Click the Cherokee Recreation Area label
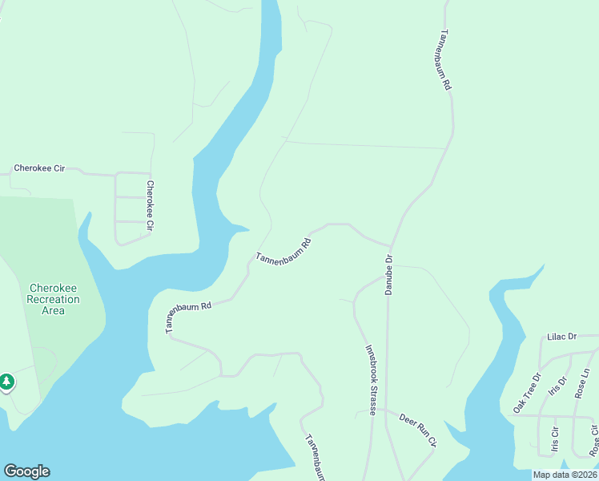pyautogui.click(x=53, y=299)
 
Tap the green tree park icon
pyautogui.click(x=7, y=382)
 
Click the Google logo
pyautogui.click(x=26, y=471)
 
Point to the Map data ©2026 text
pyautogui.click(x=565, y=475)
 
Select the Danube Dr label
pyautogui.click(x=388, y=275)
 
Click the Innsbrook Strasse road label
pyautogui.click(x=371, y=380)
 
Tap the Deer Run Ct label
pyautogui.click(x=419, y=430)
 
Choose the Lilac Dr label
pyautogui.click(x=561, y=338)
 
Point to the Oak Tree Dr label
pyautogui.click(x=526, y=393)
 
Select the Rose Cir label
pyautogui.click(x=593, y=440)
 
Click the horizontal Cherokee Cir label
pyautogui.click(x=38, y=168)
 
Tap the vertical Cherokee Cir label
pyautogui.click(x=149, y=205)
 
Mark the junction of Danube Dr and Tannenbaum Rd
pyautogui.click(x=391, y=246)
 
